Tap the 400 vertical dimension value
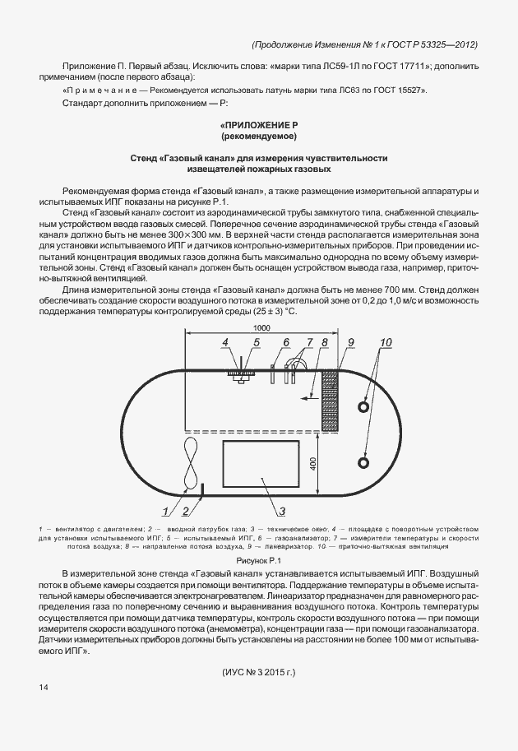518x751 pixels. (x=313, y=463)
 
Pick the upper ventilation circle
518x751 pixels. (x=364, y=407)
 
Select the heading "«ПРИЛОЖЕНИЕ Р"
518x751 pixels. (x=259, y=123)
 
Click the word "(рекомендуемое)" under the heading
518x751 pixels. (x=259, y=135)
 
